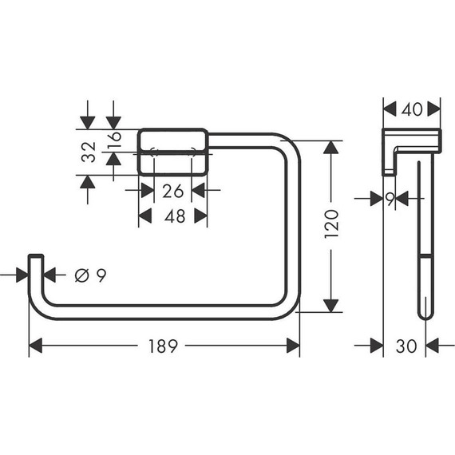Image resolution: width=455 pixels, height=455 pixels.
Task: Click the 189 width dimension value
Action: pos(163,346)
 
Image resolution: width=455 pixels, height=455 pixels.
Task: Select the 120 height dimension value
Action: pos(332,225)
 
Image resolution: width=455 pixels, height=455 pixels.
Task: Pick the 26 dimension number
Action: pos(172,190)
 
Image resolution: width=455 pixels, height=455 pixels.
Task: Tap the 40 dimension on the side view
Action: pos(411,109)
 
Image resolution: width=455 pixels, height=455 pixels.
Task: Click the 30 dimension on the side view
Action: pos(406,346)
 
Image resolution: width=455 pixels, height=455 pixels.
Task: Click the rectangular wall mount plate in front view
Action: pos(172,152)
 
